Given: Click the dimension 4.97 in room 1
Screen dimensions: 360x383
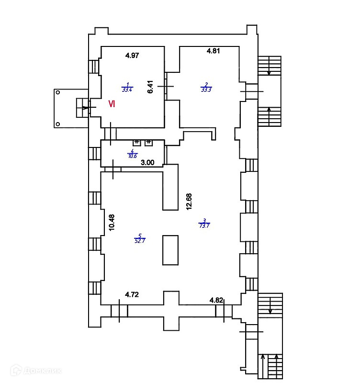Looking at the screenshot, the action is (132, 56).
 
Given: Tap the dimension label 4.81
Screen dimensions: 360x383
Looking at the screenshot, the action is (213, 51).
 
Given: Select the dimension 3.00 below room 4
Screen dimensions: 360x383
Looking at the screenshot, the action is (147, 162).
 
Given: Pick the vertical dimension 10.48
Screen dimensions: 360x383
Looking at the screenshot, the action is (111, 222).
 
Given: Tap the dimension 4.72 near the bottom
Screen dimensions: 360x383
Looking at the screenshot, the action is (132, 295).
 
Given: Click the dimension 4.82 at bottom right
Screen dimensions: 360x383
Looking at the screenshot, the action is (216, 300).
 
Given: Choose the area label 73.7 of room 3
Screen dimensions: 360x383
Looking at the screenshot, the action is (205, 224).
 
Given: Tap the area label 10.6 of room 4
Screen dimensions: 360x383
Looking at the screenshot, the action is (133, 154).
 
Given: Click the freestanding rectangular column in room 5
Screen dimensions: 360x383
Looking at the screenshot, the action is (171, 249).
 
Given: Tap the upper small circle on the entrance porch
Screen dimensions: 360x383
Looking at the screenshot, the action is (58, 92).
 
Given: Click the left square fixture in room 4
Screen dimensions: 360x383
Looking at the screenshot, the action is (136, 142).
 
